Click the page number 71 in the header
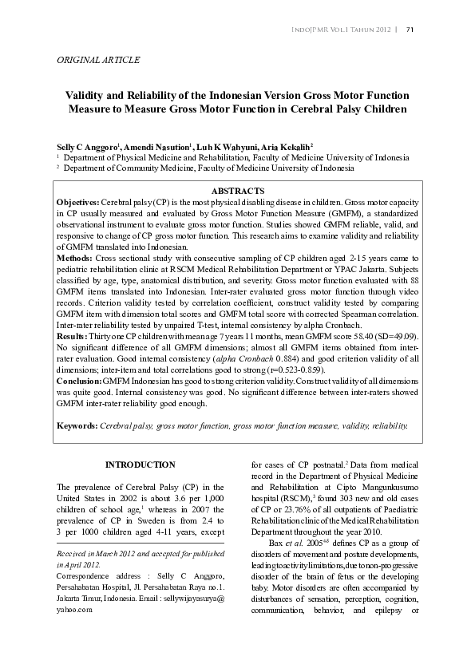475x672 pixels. [x=410, y=30]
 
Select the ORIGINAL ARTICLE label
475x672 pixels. [x=99, y=61]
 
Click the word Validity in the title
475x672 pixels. [x=89, y=94]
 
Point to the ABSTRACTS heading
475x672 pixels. [x=236, y=192]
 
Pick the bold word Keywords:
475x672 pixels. [x=77, y=425]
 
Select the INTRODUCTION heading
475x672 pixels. [x=141, y=464]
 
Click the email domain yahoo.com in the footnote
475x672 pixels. [x=75, y=608]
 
